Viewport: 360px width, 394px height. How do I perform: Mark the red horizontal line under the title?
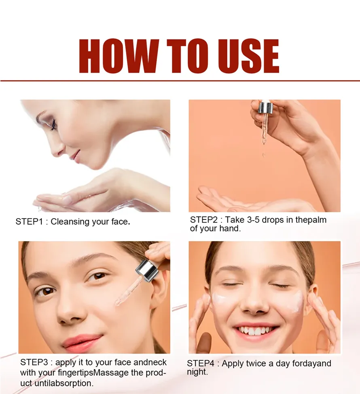tap(180, 80)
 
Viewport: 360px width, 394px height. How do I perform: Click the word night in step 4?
tap(197, 372)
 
